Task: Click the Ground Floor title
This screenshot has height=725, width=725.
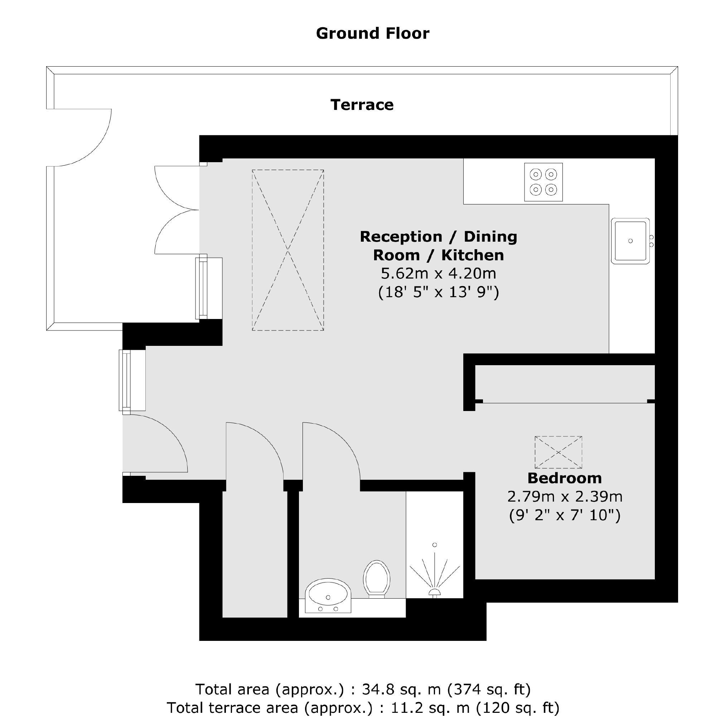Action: (x=372, y=33)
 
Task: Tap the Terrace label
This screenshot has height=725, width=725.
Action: (x=362, y=105)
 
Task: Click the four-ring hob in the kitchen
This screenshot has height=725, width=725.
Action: (x=543, y=182)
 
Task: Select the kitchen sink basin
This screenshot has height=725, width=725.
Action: (x=630, y=241)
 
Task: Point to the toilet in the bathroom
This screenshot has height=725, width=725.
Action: (x=376, y=578)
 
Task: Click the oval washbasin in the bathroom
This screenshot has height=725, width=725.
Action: (x=328, y=596)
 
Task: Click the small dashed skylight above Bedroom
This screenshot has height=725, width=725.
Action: (x=558, y=452)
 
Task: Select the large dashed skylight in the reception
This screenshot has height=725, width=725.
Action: (x=288, y=250)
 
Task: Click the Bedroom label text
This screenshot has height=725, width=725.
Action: (x=564, y=478)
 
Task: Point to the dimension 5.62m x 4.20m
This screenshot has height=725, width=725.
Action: (x=438, y=274)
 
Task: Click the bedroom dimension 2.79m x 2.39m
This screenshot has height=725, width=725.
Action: (x=564, y=497)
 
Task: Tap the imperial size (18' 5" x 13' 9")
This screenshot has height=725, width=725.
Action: (x=438, y=292)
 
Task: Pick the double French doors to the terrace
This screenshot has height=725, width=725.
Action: (x=177, y=210)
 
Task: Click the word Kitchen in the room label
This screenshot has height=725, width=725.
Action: (x=472, y=255)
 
